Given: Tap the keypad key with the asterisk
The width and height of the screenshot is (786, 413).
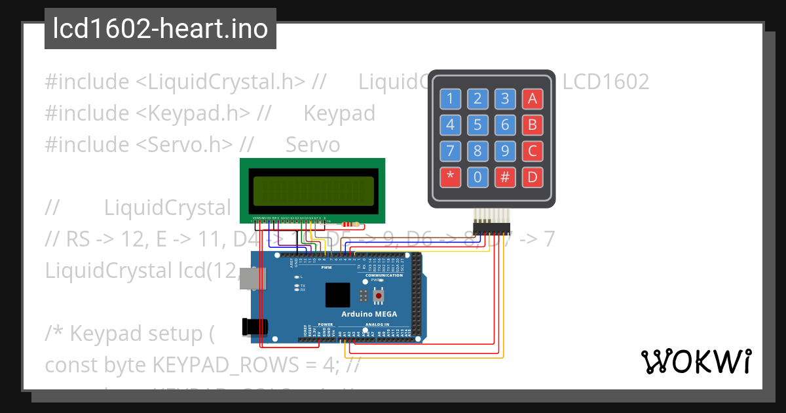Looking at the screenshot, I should (450, 177).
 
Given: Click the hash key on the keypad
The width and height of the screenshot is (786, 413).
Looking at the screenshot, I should (505, 177).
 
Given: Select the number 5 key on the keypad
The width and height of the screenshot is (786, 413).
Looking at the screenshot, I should (477, 125).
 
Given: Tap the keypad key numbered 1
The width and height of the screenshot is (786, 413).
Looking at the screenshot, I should (450, 100).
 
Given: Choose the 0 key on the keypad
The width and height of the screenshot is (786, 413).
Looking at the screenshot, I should (477, 177).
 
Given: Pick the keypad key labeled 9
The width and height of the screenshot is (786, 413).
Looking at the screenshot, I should (505, 151).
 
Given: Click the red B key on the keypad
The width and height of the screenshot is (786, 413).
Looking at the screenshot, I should (533, 125).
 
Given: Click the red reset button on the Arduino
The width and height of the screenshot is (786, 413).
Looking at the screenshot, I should (378, 297).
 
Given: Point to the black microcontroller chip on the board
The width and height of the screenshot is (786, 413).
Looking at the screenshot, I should (338, 295).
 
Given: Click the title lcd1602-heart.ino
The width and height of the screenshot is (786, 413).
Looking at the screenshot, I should (160, 29).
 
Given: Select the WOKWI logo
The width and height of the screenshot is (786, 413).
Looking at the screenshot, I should (696, 361).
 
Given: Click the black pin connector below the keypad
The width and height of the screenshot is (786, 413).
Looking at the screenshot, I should (491, 228).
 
